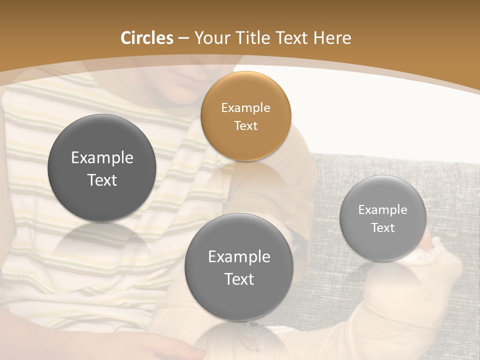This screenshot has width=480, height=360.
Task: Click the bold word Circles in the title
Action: coord(147,38)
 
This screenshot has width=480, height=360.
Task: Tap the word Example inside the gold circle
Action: coord(245,108)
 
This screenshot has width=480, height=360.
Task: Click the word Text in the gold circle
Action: coord(245,126)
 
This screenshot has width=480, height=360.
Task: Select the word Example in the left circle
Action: coord(102,158)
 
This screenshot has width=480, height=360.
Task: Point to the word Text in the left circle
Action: coord(102,180)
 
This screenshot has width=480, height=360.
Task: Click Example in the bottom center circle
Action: coord(239,257)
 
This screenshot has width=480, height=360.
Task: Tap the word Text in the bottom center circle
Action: coord(239,279)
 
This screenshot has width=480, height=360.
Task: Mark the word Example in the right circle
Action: coord(383,210)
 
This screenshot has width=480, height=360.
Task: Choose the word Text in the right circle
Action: coord(383,228)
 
